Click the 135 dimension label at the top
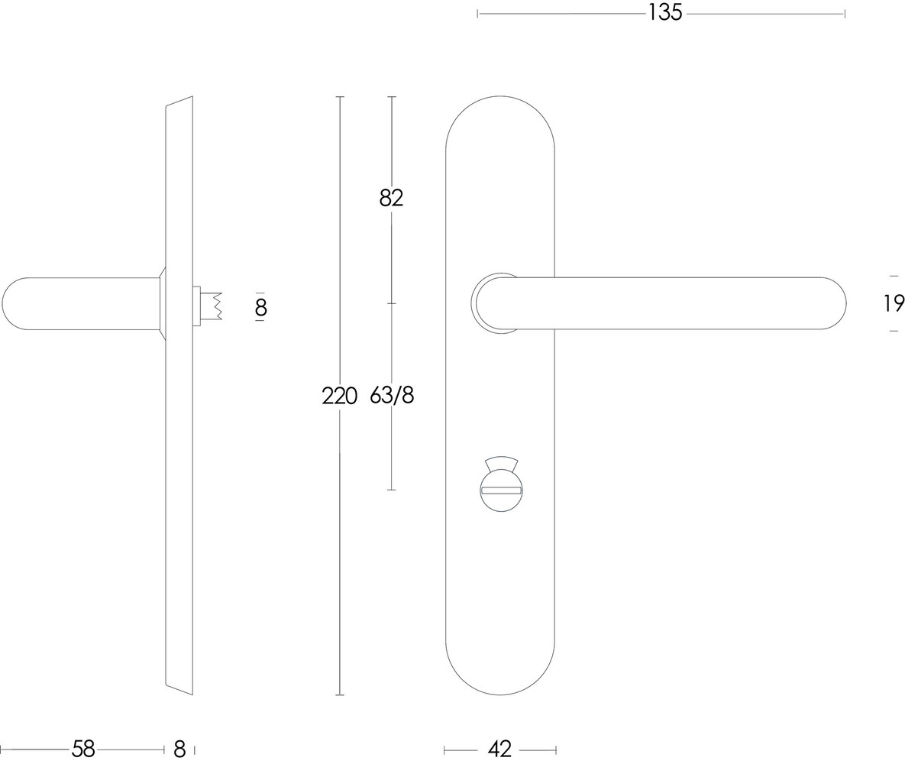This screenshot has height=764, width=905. click(664, 13)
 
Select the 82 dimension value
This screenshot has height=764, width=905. click(391, 198)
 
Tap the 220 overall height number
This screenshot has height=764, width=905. click(339, 396)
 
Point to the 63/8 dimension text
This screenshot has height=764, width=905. click(392, 396)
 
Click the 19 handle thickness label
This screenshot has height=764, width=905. click(894, 303)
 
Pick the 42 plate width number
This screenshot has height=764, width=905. click(499, 749)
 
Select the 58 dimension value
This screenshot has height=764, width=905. click(82, 749)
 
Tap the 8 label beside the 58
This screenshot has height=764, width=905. click(179, 749)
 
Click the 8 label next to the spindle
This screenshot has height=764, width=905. click(260, 307)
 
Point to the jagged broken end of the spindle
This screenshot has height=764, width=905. click(218, 306)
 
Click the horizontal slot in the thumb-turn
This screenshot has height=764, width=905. click(501, 490)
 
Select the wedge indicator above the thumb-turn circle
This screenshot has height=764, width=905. click(501, 463)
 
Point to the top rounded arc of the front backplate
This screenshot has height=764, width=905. click(500, 98)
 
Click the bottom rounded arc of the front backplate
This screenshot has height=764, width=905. click(500, 693)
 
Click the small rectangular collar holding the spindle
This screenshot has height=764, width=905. click(196, 306)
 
